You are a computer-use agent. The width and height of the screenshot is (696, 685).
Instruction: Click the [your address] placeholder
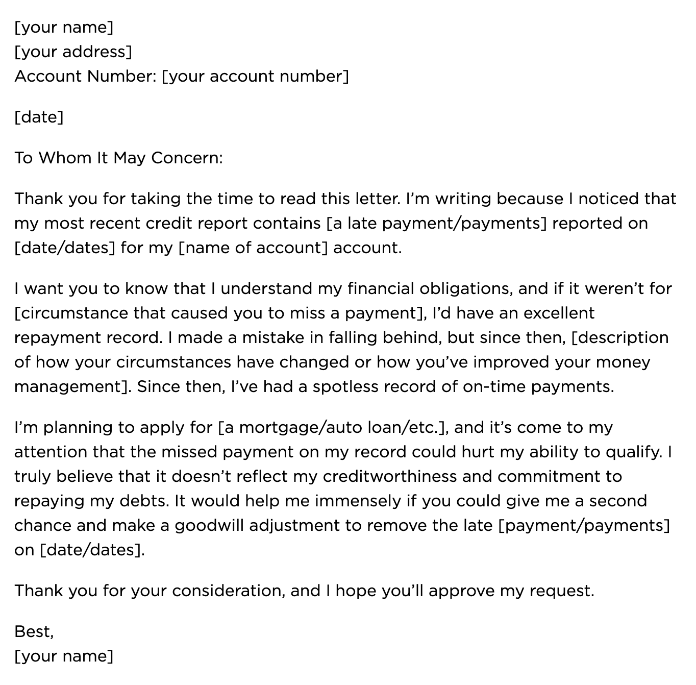[x=73, y=52]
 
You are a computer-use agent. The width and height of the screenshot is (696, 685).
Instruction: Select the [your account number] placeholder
[x=255, y=76]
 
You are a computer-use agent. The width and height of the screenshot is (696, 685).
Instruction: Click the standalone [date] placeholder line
[x=39, y=117]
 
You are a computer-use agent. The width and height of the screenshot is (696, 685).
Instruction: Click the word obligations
[x=465, y=288]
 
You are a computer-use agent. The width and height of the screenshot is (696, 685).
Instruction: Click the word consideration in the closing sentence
[x=227, y=591]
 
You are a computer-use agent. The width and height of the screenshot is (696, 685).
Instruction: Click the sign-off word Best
[x=33, y=631]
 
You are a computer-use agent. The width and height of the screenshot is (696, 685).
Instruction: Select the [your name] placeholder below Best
[x=64, y=656]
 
